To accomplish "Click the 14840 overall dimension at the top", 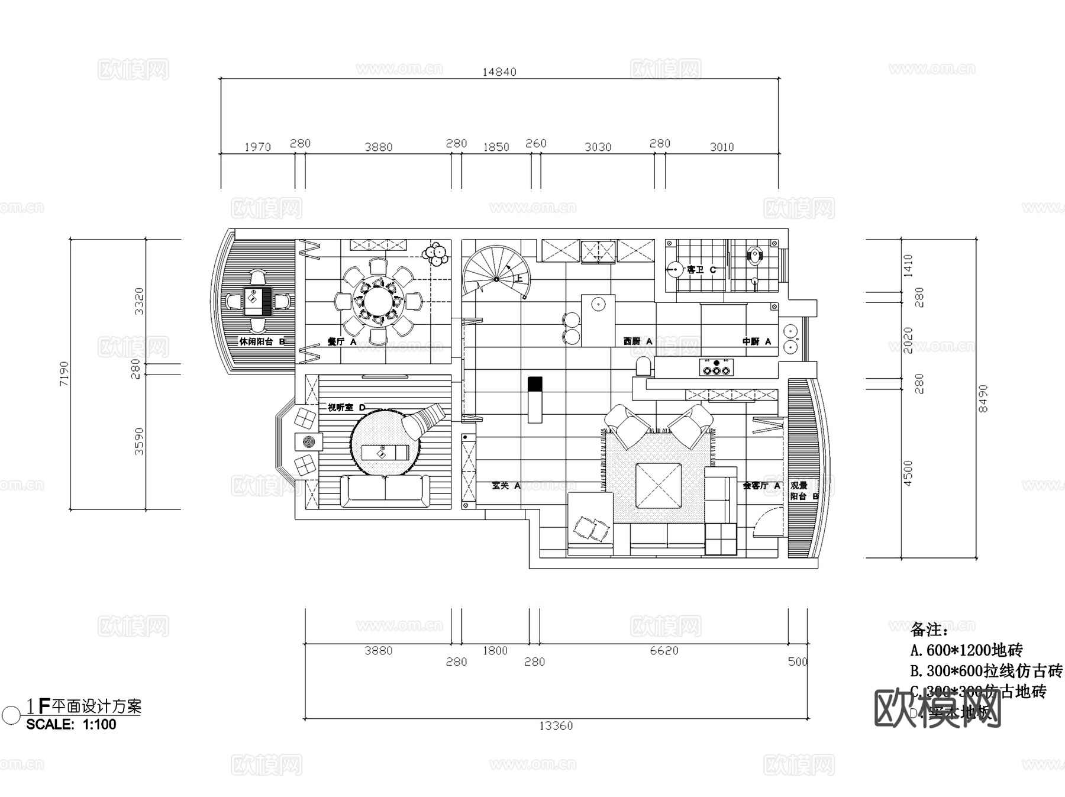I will tap(499, 72).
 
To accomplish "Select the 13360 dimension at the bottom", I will tap(556, 725).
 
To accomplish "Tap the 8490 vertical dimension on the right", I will tap(983, 398).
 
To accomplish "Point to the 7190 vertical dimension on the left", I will tap(64, 373).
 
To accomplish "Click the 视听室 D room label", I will tap(346, 408).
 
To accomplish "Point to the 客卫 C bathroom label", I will tap(701, 270).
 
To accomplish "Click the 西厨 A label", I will tap(637, 341).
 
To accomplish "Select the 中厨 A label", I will tap(757, 341).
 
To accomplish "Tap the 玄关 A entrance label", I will tap(506, 486).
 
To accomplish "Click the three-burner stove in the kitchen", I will tap(716, 367).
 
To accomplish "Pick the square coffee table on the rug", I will tap(658, 486).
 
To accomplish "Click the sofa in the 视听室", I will tap(385, 491).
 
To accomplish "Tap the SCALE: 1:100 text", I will tap(71, 724).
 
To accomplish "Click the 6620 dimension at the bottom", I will tap(664, 651).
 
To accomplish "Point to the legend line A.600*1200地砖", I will tap(966, 650).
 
